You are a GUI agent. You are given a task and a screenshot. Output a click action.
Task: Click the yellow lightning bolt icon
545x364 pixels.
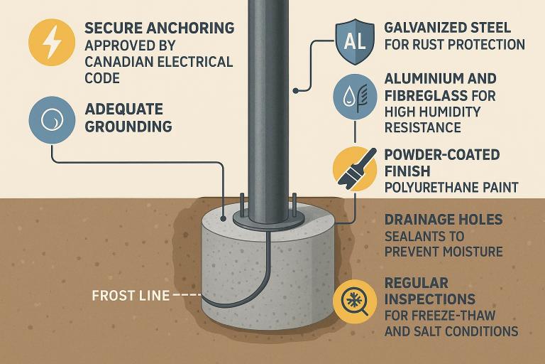52,43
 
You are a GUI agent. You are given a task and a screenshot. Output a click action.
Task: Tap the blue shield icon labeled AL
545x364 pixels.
355,42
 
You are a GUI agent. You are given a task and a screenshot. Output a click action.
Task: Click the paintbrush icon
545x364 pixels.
355,169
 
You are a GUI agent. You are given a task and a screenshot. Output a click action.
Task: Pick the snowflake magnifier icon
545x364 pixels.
355,301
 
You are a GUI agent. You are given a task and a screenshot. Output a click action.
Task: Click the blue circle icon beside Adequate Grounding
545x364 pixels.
52,120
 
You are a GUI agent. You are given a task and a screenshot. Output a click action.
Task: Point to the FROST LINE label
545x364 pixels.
131,296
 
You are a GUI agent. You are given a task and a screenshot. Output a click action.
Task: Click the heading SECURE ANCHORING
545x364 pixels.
160,28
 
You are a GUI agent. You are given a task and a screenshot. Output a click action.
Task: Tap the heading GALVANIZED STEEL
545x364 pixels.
447,28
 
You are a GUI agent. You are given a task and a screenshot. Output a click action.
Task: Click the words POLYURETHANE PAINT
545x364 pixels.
451,188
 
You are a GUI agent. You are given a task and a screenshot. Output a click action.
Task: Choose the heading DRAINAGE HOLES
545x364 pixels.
444,220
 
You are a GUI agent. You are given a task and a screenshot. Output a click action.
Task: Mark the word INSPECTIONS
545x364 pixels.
430,299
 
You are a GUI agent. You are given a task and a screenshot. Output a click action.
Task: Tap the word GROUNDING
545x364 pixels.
128,127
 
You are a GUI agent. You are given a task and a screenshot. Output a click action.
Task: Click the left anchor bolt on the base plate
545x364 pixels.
241,204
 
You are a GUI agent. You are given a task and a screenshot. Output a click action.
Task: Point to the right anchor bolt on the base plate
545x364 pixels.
294,204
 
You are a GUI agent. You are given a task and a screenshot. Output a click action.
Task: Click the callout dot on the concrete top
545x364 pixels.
224,219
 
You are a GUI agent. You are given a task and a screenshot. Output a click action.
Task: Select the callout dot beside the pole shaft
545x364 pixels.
295,91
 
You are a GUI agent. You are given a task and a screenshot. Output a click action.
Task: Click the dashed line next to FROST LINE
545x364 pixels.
187,296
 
